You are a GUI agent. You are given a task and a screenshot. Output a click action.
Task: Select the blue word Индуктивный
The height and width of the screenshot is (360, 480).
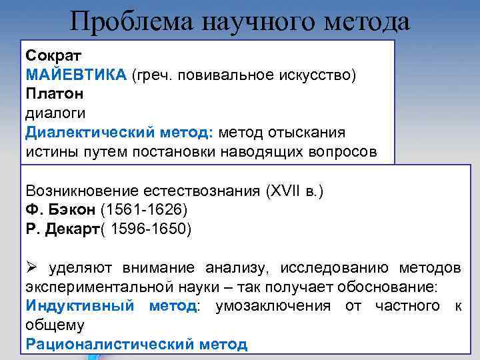(x=78, y=306)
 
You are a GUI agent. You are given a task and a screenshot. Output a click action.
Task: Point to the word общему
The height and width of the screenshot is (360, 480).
(x=55, y=325)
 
